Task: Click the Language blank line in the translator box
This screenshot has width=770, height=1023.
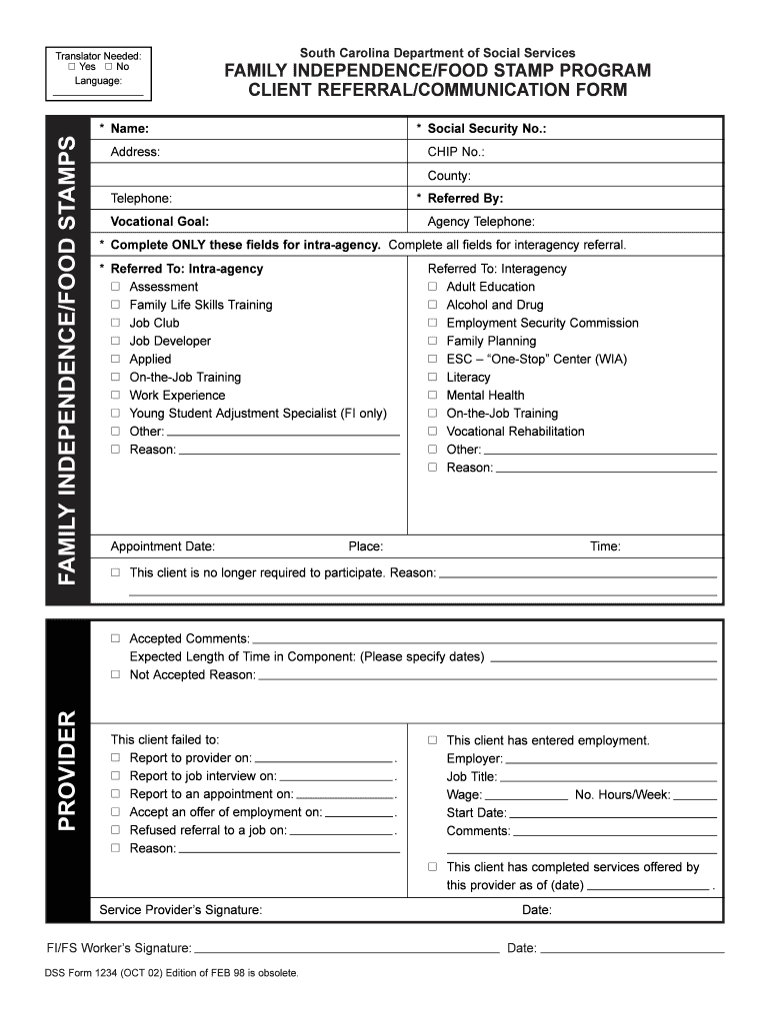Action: point(97,92)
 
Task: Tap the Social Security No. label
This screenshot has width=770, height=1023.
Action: point(486,129)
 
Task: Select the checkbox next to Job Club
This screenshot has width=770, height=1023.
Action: point(116,324)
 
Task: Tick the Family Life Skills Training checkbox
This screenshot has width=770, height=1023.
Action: point(116,306)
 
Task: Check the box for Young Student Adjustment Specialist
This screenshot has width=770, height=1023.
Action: point(116,414)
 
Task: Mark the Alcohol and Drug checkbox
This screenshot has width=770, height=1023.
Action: point(433,306)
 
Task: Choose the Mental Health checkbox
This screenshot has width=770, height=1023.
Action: point(433,396)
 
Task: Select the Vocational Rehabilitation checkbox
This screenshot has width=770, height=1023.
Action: point(433,432)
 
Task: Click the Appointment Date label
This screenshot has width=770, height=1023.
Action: point(162,546)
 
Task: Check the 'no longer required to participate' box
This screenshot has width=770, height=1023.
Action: point(116,573)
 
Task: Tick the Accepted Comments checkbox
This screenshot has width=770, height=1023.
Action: point(116,638)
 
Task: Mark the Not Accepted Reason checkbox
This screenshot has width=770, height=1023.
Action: point(116,675)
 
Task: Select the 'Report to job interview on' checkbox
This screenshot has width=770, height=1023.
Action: point(116,776)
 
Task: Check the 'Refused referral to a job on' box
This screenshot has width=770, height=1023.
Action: point(116,830)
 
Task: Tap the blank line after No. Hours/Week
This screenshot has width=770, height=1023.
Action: point(695,797)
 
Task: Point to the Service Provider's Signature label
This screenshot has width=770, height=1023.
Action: point(181,910)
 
